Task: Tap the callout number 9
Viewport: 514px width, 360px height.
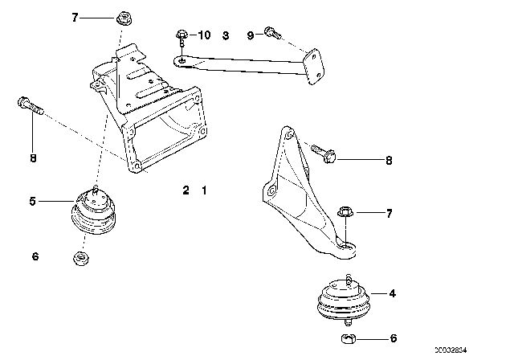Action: [x=250, y=35]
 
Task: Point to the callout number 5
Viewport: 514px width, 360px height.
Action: [x=32, y=201]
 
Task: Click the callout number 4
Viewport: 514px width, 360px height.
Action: [x=392, y=294]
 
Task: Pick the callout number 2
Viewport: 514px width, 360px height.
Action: [x=186, y=190]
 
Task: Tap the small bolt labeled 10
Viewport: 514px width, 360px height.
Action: [x=182, y=35]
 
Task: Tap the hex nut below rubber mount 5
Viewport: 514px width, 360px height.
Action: [x=80, y=257]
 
